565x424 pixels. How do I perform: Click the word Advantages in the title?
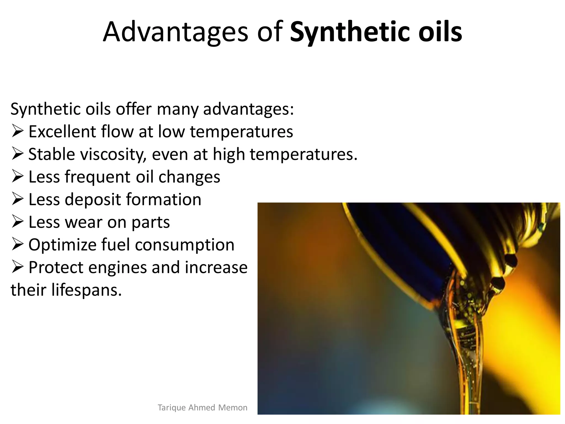click(175, 33)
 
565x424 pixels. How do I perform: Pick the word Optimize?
click(62, 245)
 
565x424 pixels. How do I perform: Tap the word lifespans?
click(86, 290)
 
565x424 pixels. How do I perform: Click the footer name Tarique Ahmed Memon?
click(202, 407)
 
